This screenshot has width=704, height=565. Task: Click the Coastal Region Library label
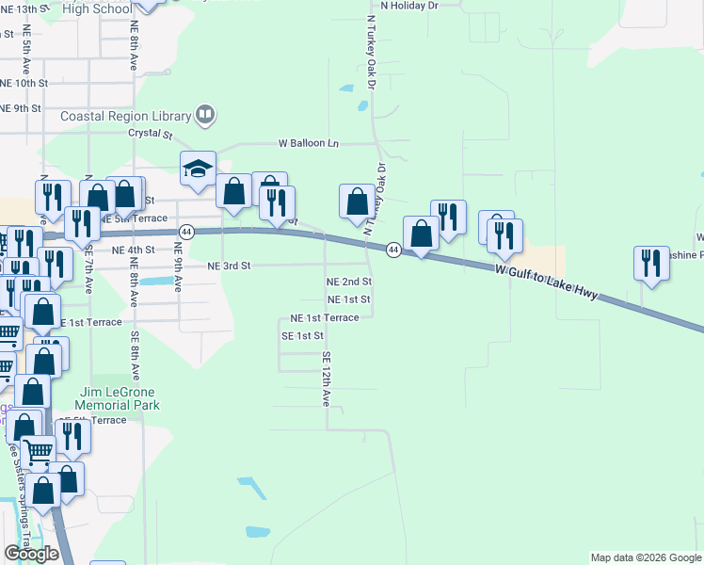pyautogui.click(x=125, y=116)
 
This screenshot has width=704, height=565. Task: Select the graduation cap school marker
pyautogui.click(x=199, y=170)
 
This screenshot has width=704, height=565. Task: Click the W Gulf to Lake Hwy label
pyautogui.click(x=547, y=282)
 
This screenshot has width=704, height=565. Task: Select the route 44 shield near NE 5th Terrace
pyautogui.click(x=186, y=231)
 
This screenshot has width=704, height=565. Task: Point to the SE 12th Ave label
pyautogui.click(x=327, y=379)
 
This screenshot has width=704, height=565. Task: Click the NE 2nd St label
pyautogui.click(x=348, y=282)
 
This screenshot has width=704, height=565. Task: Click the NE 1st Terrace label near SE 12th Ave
pyautogui.click(x=324, y=318)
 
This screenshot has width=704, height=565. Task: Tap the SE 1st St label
pyautogui.click(x=302, y=336)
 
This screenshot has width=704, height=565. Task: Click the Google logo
pyautogui.click(x=31, y=554)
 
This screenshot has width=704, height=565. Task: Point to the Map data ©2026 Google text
pyautogui.click(x=645, y=557)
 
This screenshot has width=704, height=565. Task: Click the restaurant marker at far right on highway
pyautogui.click(x=650, y=264)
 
